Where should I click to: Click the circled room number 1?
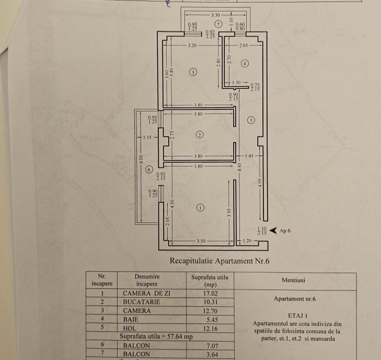(200, 208)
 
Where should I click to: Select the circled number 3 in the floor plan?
(193, 72)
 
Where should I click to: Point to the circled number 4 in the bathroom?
(245, 63)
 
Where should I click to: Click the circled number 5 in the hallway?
(251, 120)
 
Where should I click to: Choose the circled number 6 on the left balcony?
(149, 169)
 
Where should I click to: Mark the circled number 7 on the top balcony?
(218, 25)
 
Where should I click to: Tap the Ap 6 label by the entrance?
(286, 230)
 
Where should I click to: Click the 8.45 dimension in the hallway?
(240, 167)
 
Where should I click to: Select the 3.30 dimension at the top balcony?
(215, 16)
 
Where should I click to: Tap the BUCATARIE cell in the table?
(140, 302)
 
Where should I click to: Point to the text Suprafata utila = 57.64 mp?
(156, 335)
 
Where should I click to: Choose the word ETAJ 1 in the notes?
(296, 316)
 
